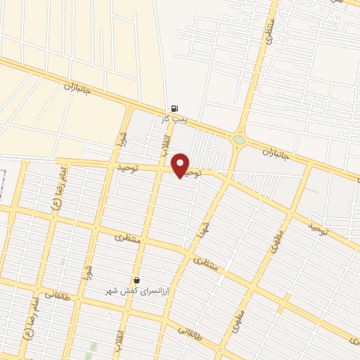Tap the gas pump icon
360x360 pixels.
pyautogui.click(x=174, y=109)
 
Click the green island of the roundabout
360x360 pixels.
pyautogui.click(x=239, y=139)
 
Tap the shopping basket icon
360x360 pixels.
pyautogui.click(x=136, y=280)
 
